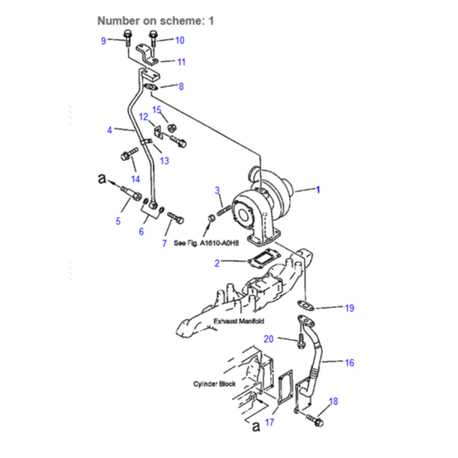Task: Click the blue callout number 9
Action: [x=104, y=41]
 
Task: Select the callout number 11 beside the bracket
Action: [x=181, y=62]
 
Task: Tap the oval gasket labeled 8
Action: [x=151, y=87]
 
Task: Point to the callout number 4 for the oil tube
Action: [x=109, y=130]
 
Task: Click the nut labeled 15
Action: [x=171, y=128]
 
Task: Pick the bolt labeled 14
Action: [x=129, y=154]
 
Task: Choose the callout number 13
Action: [x=164, y=161]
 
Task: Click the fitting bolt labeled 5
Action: [x=131, y=192]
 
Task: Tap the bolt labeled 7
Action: [x=175, y=218]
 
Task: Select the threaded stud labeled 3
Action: [x=224, y=210]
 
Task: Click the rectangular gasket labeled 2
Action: [x=264, y=258]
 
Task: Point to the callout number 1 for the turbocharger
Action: [x=318, y=190]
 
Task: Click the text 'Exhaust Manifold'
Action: [x=239, y=321]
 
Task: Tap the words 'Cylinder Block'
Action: [x=214, y=384]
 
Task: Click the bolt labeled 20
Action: [x=301, y=341]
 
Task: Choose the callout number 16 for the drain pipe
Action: [x=349, y=363]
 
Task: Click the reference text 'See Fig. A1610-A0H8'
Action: [x=206, y=243]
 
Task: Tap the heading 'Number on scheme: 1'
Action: [x=156, y=20]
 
